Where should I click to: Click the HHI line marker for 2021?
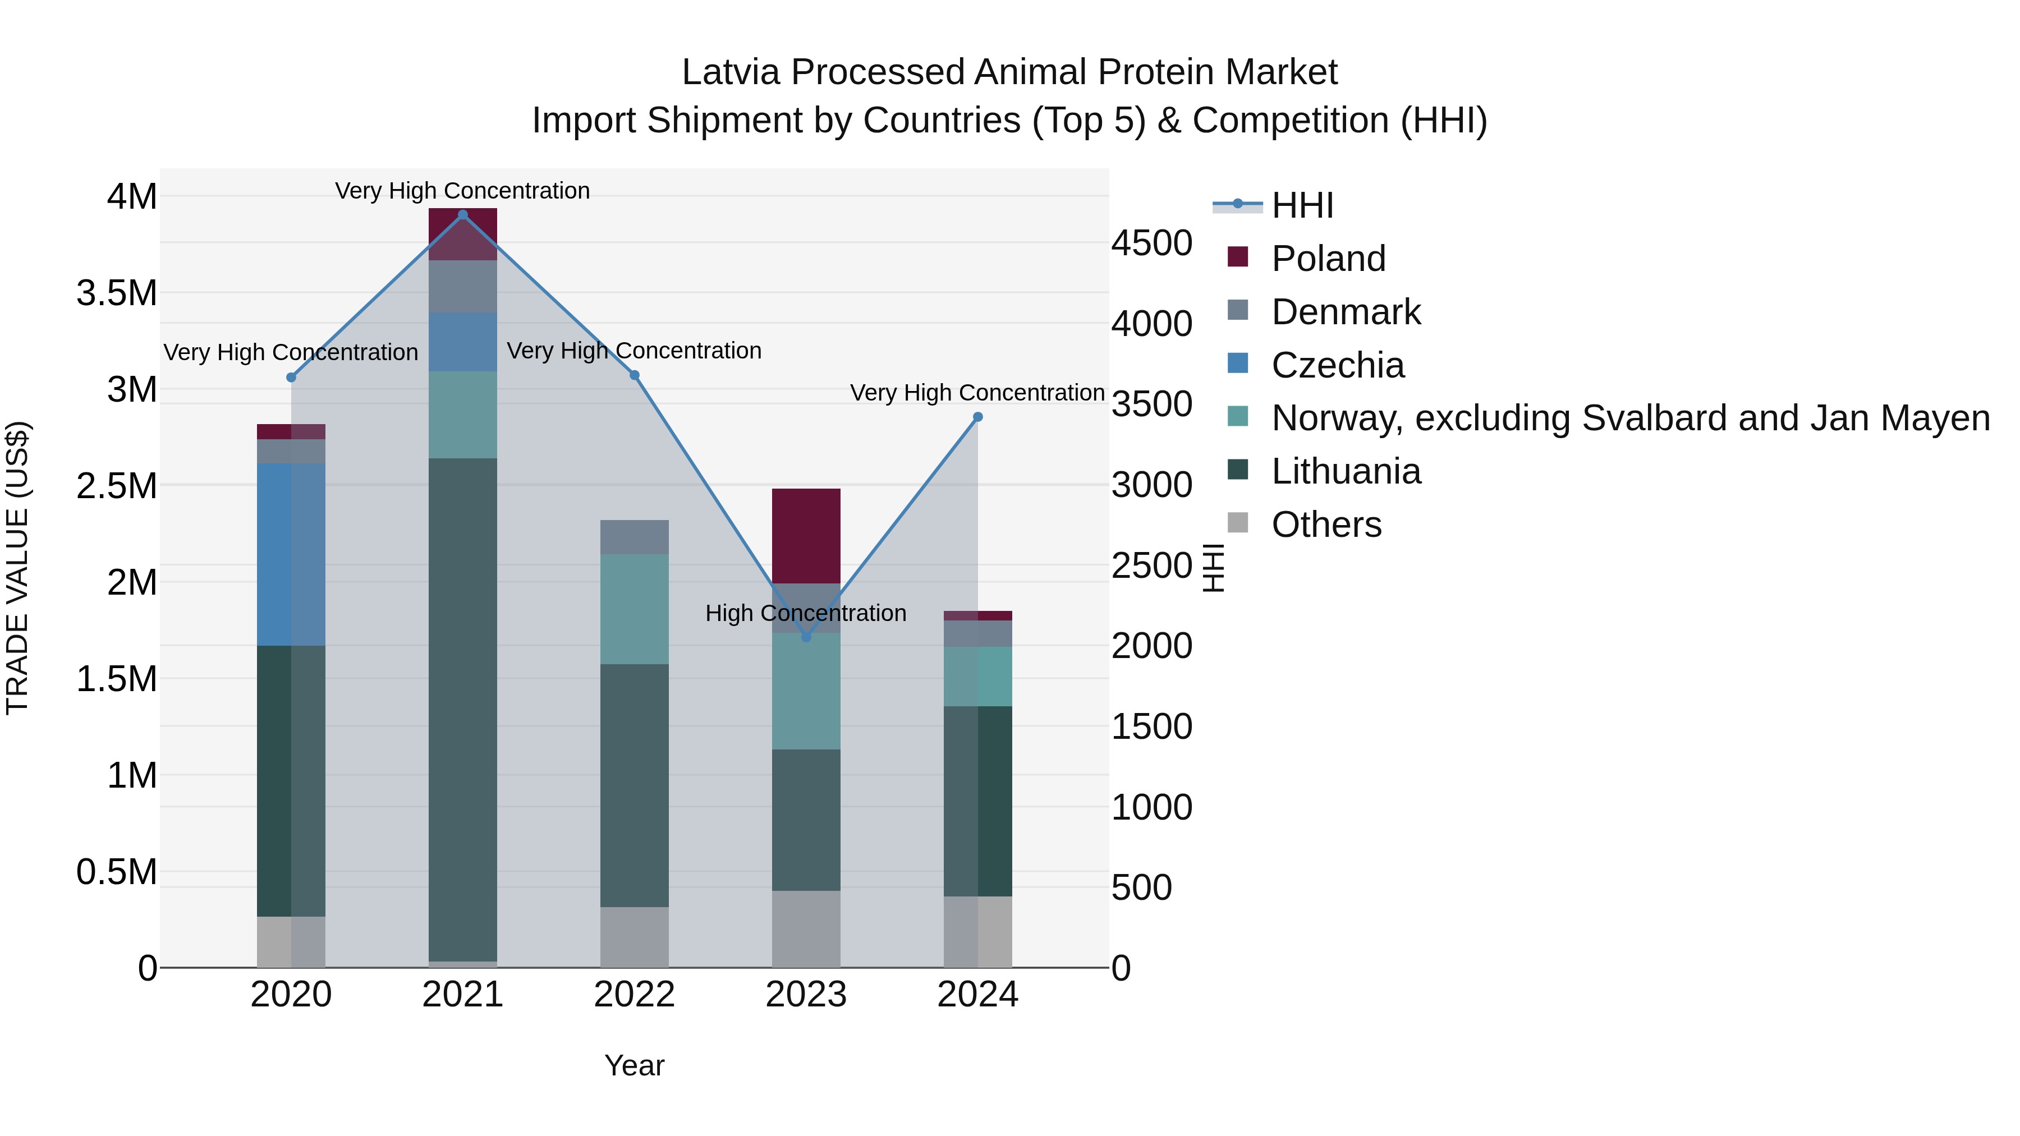point(463,214)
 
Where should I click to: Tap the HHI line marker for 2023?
point(806,637)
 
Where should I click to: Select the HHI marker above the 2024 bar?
point(978,417)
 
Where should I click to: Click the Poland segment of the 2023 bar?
point(806,536)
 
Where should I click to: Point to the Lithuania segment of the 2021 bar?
point(463,710)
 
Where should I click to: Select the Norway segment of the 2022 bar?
point(635,609)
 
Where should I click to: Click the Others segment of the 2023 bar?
point(806,929)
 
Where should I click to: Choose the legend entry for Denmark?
point(1345,312)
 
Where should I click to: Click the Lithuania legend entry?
point(1345,472)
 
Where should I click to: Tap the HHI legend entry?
point(1302,205)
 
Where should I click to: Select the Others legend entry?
point(1325,525)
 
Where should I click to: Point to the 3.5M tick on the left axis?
point(117,293)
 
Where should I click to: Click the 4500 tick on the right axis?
point(1151,243)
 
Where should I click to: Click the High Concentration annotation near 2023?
point(806,613)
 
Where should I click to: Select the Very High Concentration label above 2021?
point(463,191)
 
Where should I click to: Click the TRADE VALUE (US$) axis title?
point(17,568)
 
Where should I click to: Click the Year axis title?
point(635,1065)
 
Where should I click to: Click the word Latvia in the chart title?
point(731,72)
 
